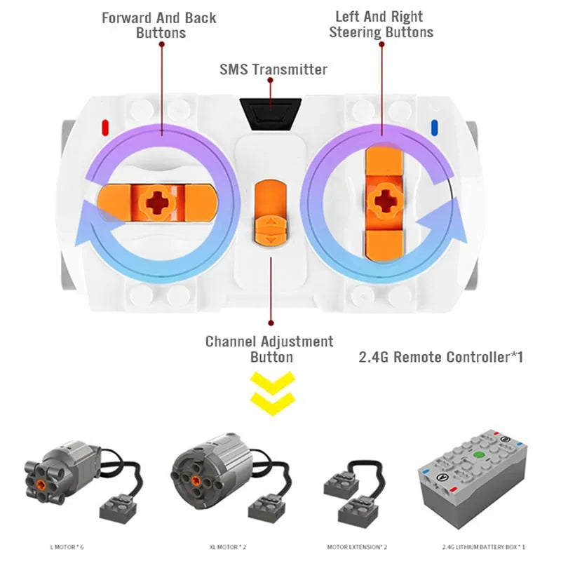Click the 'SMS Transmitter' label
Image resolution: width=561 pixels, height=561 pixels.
pyautogui.click(x=273, y=69)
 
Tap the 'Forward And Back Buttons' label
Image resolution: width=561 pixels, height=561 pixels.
pyautogui.click(x=159, y=25)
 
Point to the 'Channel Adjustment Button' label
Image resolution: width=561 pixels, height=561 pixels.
pyautogui.click(x=269, y=349)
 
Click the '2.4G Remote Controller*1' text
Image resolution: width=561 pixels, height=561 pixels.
pyautogui.click(x=441, y=357)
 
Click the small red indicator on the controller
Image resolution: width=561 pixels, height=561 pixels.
pyautogui.click(x=105, y=128)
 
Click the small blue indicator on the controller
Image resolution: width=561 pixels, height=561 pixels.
pyautogui.click(x=434, y=128)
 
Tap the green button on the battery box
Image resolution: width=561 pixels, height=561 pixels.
pyautogui.click(x=479, y=455)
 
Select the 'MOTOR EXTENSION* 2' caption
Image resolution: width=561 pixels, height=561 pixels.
pyautogui.click(x=357, y=546)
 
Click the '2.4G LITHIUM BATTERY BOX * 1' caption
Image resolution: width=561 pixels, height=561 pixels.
pyautogui.click(x=483, y=546)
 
